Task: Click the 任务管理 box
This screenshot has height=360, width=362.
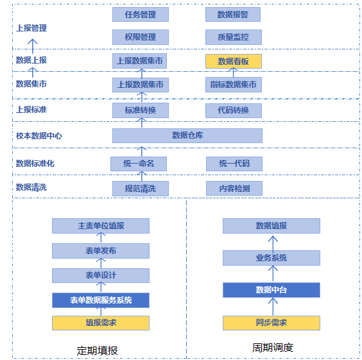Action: point(141,15)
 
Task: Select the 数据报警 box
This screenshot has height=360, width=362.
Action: point(233,15)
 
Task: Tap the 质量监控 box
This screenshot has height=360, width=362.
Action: point(234,37)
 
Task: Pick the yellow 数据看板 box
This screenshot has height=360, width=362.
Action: point(234,61)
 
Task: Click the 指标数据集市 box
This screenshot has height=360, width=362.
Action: point(234,85)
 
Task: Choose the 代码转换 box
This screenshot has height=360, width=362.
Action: point(234,110)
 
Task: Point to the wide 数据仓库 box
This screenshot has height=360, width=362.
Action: point(187,135)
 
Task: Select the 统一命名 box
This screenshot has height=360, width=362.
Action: point(139,164)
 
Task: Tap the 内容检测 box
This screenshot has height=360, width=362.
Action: point(234,188)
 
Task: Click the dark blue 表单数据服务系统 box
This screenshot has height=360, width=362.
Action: point(101,300)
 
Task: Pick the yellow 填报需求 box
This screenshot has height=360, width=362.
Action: point(101,323)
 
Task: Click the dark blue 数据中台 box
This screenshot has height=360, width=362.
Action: point(271,290)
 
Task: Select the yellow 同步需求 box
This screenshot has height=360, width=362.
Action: point(271,323)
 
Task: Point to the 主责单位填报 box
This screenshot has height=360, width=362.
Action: point(101,226)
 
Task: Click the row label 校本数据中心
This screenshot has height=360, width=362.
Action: point(39,136)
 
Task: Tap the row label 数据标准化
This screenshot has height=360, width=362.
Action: point(35,164)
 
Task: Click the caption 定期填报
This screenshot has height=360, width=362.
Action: point(97,351)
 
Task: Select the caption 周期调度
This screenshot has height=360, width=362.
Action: point(273,348)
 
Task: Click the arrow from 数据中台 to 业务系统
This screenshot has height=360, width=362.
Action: point(273,274)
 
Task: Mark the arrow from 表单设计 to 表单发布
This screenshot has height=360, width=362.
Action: point(101,263)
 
